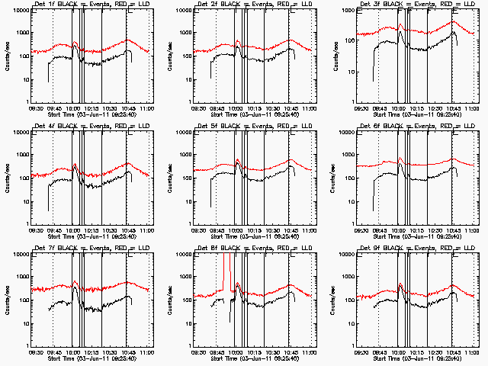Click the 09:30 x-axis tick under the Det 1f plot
pos(34,108)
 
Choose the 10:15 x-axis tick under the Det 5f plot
pos(254,230)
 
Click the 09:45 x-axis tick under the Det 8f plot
pos(216,352)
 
